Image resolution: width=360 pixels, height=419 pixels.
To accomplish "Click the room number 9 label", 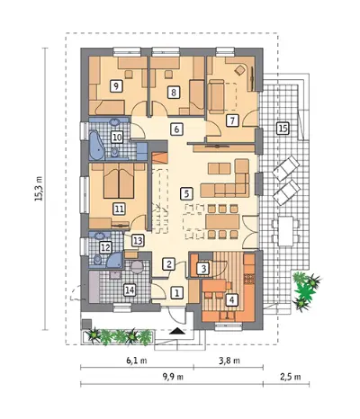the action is tap(116, 86).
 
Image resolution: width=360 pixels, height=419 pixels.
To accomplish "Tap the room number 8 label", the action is tap(174, 92).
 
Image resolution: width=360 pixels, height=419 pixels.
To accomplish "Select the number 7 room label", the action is tap(232, 120).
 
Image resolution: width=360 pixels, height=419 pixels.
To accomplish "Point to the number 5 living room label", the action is tap(186, 193).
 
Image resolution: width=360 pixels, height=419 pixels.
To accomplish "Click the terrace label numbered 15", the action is tap(283, 129).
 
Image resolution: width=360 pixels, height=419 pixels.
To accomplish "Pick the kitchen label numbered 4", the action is tap(232, 299).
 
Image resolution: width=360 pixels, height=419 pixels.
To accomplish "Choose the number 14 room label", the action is tap(130, 290).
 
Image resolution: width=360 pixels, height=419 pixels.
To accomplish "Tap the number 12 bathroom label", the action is tap(105, 247).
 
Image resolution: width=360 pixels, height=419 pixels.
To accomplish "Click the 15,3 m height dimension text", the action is tap(39, 189).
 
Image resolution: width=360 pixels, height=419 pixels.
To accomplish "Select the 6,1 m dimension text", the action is tap(137, 361).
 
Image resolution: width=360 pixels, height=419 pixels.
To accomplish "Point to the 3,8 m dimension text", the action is tap(229, 361).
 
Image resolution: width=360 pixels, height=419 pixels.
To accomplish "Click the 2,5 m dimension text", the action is tap(291, 377).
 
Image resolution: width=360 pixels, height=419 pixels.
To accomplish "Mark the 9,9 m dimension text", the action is tap(173, 377).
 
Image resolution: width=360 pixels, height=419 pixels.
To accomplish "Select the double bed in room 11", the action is tap(119, 181).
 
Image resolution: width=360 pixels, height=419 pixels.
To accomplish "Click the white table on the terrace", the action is tap(285, 231).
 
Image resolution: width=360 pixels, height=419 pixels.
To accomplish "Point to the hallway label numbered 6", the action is tap(176, 129).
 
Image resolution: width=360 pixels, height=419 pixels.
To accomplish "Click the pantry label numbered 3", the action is tap(203, 269).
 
